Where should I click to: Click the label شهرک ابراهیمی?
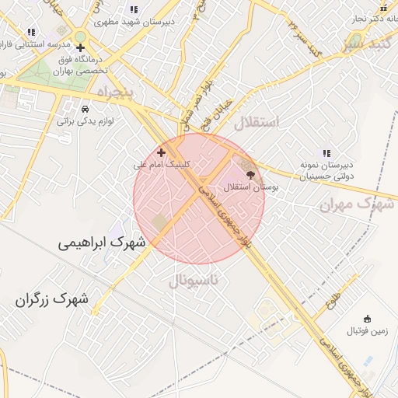102,243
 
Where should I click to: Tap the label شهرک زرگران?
51,298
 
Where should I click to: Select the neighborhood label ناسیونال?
194,278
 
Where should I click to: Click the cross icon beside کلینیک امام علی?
162,153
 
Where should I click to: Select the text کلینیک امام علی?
162,165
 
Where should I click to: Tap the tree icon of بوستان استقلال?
250,176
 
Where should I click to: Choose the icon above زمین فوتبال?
367,319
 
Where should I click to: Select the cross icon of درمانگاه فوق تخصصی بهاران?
81,48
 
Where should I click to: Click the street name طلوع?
334,297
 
